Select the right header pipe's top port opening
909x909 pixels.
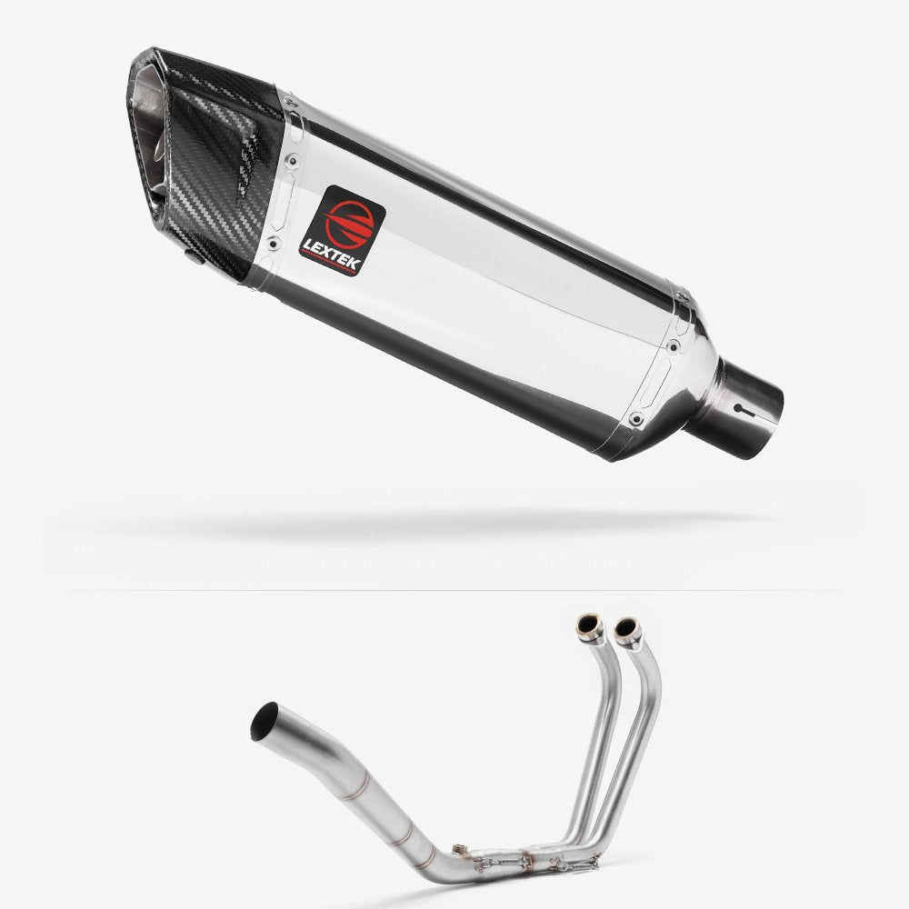[x=624, y=629]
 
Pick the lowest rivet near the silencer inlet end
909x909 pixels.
[x=636, y=419]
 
